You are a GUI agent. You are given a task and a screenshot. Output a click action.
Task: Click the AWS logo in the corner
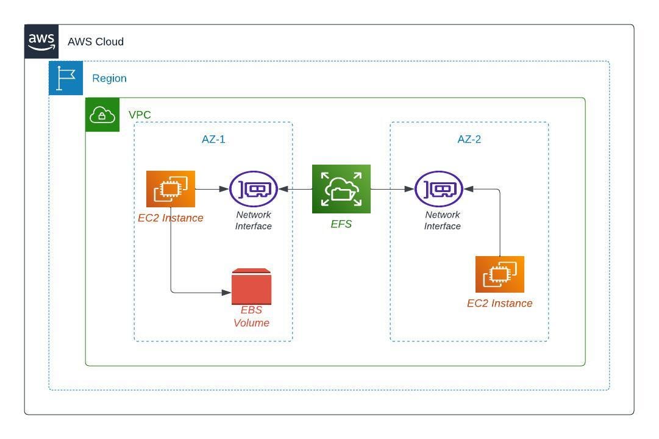point(41,41)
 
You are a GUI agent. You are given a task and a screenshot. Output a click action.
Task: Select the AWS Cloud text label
point(96,42)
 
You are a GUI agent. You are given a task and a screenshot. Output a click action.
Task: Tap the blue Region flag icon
point(66,78)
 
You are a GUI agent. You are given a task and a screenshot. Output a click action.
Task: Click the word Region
point(109,79)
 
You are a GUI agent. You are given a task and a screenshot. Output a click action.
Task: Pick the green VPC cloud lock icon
point(102,115)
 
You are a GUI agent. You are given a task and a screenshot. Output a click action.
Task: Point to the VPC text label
point(140,115)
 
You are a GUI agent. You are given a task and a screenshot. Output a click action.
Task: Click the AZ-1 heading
point(213,139)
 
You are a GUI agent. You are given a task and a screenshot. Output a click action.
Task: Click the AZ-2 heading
point(469,139)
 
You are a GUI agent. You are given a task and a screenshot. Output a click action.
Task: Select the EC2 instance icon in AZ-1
point(171,189)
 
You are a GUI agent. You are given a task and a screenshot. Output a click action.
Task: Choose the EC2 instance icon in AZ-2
point(500,274)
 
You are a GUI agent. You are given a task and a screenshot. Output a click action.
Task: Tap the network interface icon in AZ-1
point(254,189)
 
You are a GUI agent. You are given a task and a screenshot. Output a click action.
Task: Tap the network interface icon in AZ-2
point(439,189)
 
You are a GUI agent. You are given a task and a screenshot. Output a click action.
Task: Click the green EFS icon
point(341,189)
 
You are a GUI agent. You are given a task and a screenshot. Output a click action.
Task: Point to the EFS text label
point(341,224)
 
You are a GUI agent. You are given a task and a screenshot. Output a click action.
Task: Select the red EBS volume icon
point(251,287)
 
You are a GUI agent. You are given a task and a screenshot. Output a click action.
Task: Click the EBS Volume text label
point(251,316)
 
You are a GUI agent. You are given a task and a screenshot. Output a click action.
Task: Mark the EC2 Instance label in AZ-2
point(500,303)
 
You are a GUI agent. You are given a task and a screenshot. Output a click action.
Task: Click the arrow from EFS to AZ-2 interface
point(393,189)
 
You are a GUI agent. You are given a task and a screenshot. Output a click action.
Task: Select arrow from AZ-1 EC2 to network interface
point(212,189)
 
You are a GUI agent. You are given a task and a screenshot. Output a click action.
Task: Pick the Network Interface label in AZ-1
point(254,220)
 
